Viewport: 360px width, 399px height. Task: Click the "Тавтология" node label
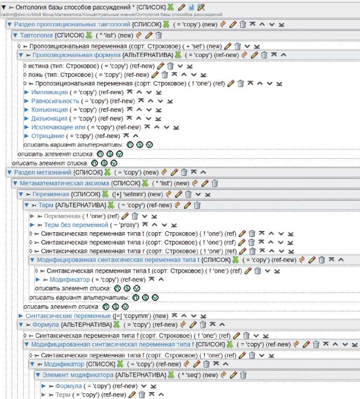(x=37, y=35)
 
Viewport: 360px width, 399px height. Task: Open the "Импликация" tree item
(x=48, y=92)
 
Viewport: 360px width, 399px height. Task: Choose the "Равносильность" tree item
(x=54, y=101)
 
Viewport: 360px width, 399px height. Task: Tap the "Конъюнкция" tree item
(x=49, y=110)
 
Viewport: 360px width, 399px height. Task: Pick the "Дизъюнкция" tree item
(x=49, y=118)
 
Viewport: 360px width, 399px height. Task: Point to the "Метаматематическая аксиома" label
(x=64, y=183)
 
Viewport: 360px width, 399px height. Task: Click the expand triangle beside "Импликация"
(x=26, y=92)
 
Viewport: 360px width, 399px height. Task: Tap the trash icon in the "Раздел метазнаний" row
(x=184, y=172)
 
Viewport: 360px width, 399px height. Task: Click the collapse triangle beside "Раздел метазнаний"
(x=9, y=173)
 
